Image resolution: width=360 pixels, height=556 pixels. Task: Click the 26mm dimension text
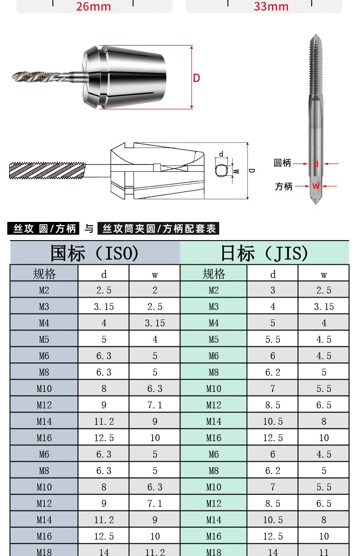[x=93, y=6]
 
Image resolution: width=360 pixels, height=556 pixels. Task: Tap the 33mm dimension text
[x=271, y=6]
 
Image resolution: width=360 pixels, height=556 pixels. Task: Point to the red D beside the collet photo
[x=196, y=78]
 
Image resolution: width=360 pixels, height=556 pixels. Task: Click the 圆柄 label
[x=283, y=163]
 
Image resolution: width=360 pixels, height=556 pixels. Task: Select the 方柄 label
[x=283, y=186]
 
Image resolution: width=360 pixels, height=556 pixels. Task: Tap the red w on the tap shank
[x=316, y=186]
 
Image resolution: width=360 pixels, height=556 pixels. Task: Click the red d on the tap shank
[x=316, y=164]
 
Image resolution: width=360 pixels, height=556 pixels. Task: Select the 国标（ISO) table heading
[x=95, y=253]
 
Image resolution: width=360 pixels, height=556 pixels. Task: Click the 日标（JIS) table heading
[x=264, y=253]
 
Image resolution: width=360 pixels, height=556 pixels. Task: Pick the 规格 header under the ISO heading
[x=44, y=274]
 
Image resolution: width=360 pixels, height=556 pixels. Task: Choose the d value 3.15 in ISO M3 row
[x=104, y=307]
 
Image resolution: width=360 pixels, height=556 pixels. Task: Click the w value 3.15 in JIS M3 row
[x=324, y=307]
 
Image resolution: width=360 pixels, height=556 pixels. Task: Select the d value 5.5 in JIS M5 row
[x=273, y=340]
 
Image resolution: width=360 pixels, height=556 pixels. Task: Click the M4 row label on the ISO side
[x=44, y=323]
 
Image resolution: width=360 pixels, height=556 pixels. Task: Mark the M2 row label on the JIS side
[x=214, y=290]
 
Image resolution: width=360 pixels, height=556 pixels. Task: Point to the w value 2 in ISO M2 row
[x=155, y=290]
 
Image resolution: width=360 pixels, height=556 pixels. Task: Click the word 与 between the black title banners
[x=89, y=228]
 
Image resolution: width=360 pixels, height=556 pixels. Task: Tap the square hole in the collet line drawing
[x=221, y=170]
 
